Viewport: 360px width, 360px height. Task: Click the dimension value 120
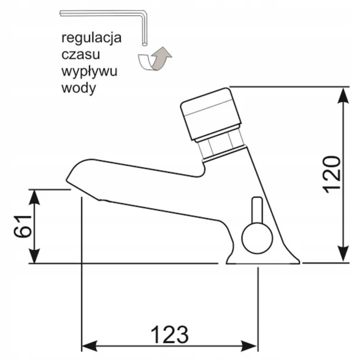[x=332, y=175]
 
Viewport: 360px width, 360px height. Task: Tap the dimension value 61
[x=22, y=226]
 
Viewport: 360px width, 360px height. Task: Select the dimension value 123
[x=169, y=334]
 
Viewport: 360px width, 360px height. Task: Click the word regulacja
[x=91, y=38]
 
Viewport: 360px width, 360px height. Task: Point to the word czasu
[x=81, y=55]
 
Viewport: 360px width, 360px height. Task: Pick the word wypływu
[x=89, y=72]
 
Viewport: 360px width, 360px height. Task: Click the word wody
[x=78, y=88]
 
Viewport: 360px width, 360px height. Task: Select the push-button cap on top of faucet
[x=211, y=113]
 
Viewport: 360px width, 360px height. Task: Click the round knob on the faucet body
[x=257, y=238]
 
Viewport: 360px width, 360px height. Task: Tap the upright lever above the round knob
[x=257, y=210]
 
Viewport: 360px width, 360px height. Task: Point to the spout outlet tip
[x=69, y=181]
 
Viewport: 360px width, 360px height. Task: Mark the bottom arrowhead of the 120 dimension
[x=343, y=254]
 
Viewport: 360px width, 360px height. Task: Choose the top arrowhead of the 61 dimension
[x=34, y=198]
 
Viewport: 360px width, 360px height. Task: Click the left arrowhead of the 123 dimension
[x=89, y=345]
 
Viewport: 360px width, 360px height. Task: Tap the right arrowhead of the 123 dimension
[x=249, y=345]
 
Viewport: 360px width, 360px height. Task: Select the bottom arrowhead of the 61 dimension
[x=34, y=255]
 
